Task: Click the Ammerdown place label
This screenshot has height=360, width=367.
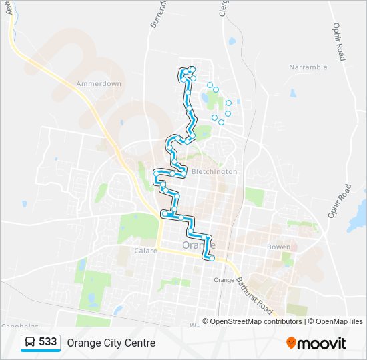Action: click(x=99, y=84)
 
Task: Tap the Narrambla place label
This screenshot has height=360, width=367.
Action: click(x=308, y=67)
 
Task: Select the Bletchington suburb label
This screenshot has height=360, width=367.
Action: click(x=214, y=171)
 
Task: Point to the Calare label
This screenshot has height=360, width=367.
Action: click(x=145, y=251)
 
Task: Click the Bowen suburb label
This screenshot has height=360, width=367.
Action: click(x=278, y=247)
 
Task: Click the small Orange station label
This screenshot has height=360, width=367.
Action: click(x=224, y=280)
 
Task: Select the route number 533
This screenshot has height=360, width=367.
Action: click(x=47, y=342)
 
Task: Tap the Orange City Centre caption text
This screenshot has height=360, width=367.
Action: click(x=111, y=343)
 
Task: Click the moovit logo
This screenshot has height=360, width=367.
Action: click(x=316, y=343)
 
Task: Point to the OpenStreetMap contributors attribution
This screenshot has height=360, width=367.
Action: click(x=257, y=321)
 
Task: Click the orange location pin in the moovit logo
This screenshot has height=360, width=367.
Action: click(x=291, y=343)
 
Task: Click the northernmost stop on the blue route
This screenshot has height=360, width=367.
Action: click(x=192, y=69)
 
